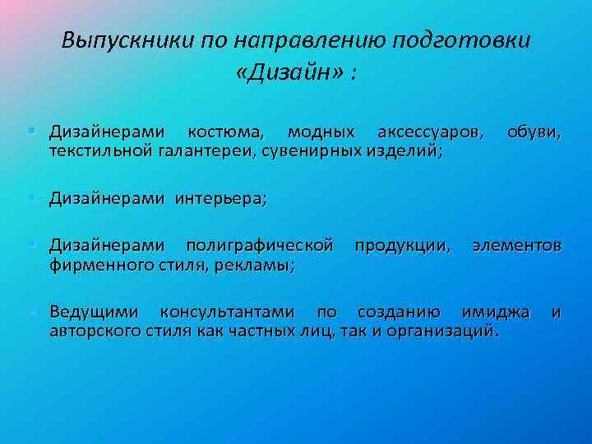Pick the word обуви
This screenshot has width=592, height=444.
click(x=534, y=132)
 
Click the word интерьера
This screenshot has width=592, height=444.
click(x=220, y=198)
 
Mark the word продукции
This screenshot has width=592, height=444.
click(x=402, y=246)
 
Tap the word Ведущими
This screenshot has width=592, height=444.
click(x=94, y=312)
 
